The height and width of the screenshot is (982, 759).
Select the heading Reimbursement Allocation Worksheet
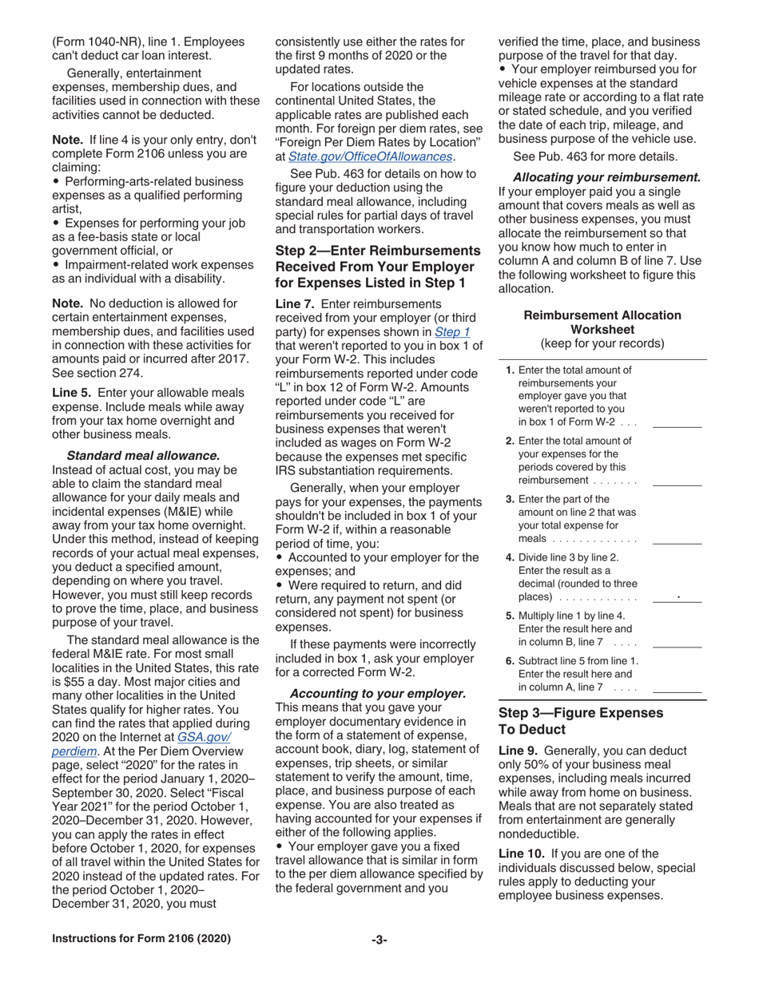[602, 323]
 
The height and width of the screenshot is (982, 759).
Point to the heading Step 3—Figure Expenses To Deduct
[580, 720]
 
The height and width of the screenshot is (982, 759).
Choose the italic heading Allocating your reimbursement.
[606, 177]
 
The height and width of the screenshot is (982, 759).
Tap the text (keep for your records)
[602, 343]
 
